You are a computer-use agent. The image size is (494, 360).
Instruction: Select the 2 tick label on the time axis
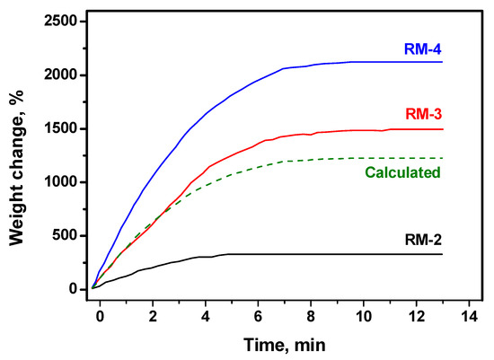point(153,316)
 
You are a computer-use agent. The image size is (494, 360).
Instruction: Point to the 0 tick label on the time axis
point(101,316)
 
